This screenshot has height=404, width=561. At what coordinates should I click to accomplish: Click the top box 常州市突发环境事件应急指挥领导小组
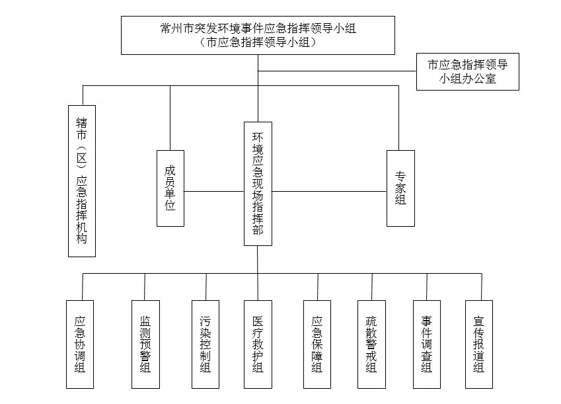pyautogui.click(x=258, y=35)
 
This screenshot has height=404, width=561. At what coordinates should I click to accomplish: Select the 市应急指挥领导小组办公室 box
pyautogui.click(x=468, y=71)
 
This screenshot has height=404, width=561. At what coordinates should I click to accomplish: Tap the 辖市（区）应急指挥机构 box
pyautogui.click(x=82, y=181)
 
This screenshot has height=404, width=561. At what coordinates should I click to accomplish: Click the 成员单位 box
pyautogui.click(x=170, y=188)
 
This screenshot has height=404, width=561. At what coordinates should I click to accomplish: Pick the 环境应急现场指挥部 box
pyautogui.click(x=258, y=184)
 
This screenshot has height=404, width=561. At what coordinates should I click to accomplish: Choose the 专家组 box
pyautogui.click(x=400, y=188)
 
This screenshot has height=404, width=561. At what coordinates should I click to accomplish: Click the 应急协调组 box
pyautogui.click(x=80, y=344)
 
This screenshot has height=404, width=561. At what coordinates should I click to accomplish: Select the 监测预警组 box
pyautogui.click(x=145, y=344)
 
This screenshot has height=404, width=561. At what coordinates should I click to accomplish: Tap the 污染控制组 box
pyautogui.click(x=206, y=344)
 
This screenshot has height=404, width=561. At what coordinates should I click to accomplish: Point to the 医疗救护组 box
pyautogui.click(x=258, y=344)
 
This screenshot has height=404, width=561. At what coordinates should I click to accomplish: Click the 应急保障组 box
pyautogui.click(x=317, y=344)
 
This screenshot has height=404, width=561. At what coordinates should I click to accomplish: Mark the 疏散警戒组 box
pyautogui.click(x=372, y=344)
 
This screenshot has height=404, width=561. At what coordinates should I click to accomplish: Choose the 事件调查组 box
pyautogui.click(x=427, y=344)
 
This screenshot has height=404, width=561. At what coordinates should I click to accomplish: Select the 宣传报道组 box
pyautogui.click(x=479, y=344)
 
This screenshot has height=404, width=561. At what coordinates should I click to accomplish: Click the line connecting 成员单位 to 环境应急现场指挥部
pyautogui.click(x=214, y=191)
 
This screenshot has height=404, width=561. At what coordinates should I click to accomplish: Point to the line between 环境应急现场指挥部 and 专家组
pyautogui.click(x=330, y=191)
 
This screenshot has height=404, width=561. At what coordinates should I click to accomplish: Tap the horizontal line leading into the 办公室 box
pyautogui.click(x=337, y=71)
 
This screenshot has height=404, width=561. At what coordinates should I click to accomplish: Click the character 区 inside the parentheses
pyautogui.click(x=82, y=157)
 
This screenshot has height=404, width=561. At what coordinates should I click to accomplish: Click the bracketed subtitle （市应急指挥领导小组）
pyautogui.click(x=258, y=42)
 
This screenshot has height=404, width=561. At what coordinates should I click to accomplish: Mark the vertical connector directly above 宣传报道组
pyautogui.click(x=482, y=287)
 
